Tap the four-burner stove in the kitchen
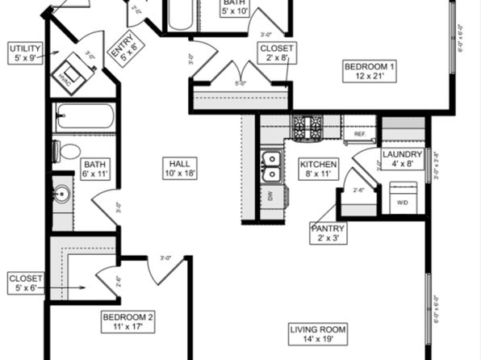pyautogui.click(x=307, y=125)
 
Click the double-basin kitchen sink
pyautogui.click(x=272, y=165)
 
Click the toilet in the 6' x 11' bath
pyautogui.click(x=68, y=151)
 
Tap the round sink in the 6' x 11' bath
pyautogui.click(x=61, y=195)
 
